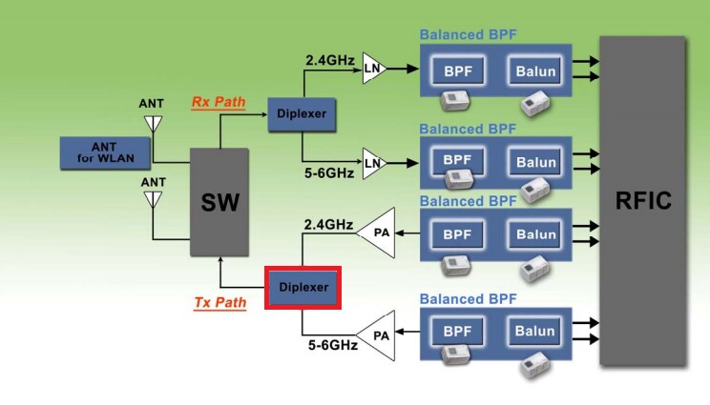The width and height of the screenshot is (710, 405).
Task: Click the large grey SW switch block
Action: [x=219, y=201]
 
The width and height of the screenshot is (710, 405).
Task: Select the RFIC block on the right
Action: [x=642, y=201]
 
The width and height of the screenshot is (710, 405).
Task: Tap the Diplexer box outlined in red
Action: [x=303, y=287]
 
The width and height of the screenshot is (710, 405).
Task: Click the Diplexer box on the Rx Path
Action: [x=302, y=113]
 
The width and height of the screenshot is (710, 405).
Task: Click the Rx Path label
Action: [x=219, y=102]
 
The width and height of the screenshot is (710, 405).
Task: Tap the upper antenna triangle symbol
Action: [x=152, y=124]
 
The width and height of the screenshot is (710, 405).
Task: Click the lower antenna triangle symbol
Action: [x=152, y=199]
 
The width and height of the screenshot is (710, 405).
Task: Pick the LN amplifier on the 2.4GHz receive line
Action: [x=373, y=69]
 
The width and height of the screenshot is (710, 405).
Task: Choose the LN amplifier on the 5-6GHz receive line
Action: [x=373, y=163]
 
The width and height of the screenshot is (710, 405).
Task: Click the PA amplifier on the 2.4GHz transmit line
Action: [x=377, y=232]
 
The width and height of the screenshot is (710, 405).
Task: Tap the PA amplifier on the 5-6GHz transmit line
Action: [x=377, y=335]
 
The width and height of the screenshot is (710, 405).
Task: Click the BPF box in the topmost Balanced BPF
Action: [x=458, y=70]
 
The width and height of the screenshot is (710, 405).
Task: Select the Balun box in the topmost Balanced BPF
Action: [x=535, y=71]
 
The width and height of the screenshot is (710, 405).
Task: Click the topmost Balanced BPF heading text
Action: [x=468, y=35]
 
